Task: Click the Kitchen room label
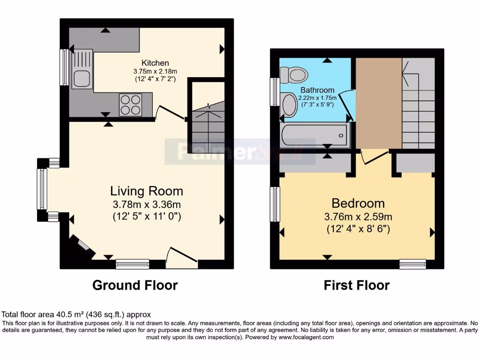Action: tap(155, 63)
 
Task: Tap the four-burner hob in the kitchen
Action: tap(131, 105)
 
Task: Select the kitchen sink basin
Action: tap(78, 77)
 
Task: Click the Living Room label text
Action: tap(146, 191)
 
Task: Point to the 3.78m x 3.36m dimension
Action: tap(146, 204)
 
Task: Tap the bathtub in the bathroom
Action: tap(313, 135)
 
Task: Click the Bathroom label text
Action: tap(317, 90)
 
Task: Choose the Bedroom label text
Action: tap(358, 203)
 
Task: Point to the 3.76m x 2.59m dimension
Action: tap(358, 217)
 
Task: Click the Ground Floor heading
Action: tap(135, 285)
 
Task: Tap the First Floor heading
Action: tap(357, 285)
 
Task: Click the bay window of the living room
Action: tap(42, 189)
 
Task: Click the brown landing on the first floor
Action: tap(378, 103)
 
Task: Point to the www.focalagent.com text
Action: tap(306, 337)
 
